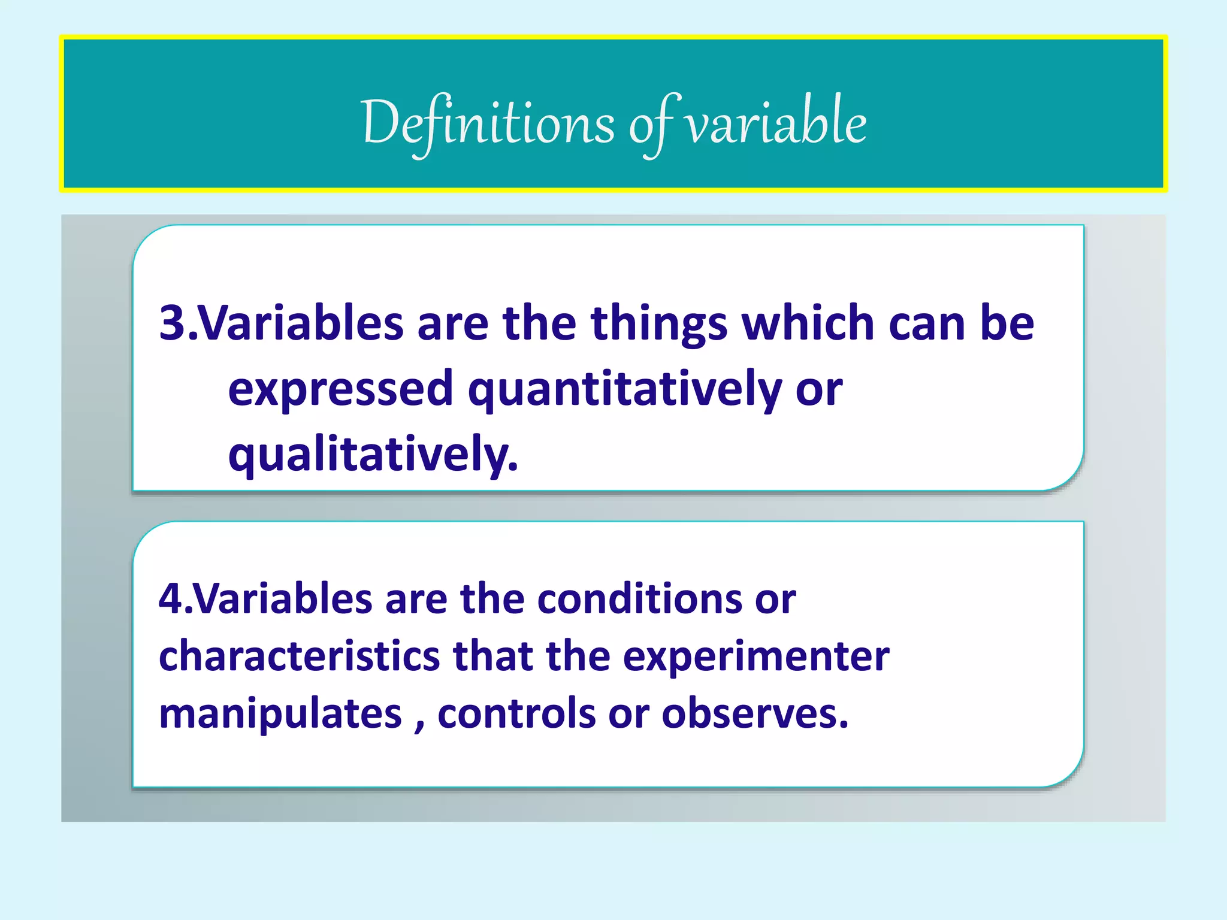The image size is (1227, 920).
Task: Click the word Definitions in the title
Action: [x=488, y=123]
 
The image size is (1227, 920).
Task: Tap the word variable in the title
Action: [x=775, y=123]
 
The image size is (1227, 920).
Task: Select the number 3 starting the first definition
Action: [x=173, y=323]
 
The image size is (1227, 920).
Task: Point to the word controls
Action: [x=516, y=714]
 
